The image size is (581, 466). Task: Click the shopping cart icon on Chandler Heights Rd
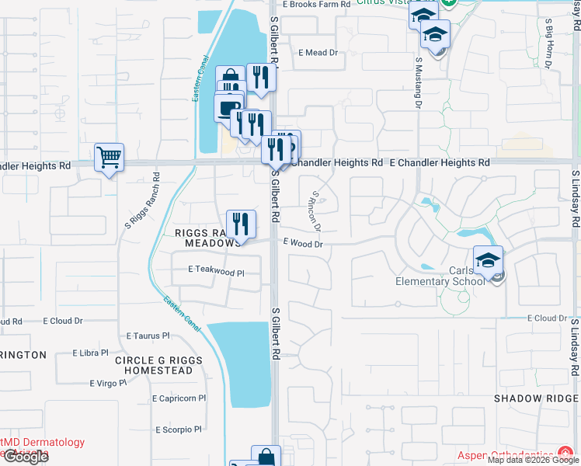(109, 157)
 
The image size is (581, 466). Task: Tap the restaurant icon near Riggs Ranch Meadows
(241, 224)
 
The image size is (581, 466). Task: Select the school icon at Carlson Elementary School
(488, 260)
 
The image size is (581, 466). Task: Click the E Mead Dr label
(318, 53)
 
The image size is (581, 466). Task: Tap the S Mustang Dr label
(418, 82)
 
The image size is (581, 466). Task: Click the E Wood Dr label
(302, 243)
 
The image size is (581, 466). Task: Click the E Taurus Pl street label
(148, 336)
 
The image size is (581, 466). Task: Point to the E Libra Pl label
(91, 353)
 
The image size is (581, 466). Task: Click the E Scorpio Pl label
(178, 429)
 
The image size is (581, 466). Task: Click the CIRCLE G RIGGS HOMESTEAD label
(158, 365)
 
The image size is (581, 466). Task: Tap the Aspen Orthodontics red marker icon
(566, 454)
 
